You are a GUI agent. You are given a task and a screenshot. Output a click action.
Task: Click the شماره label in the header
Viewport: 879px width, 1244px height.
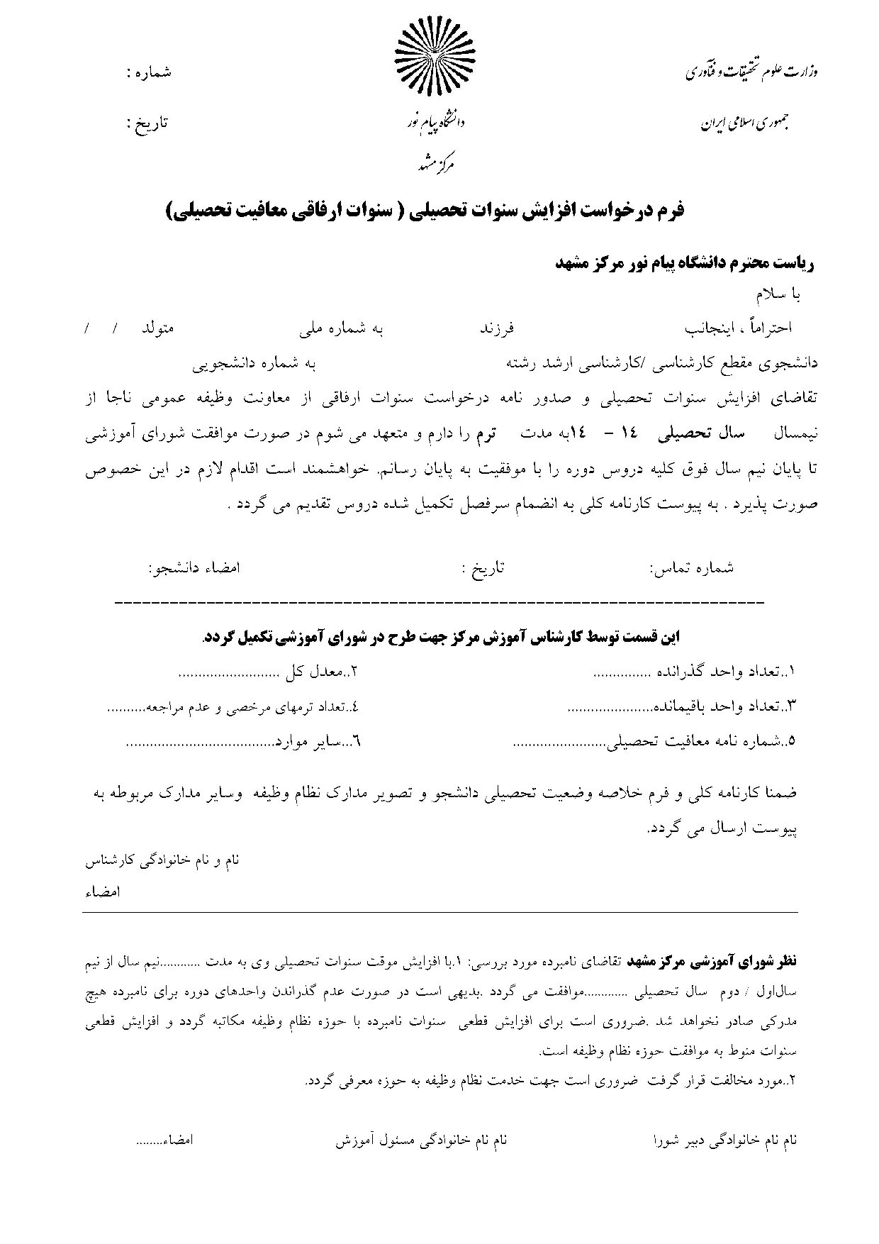pos(149,72)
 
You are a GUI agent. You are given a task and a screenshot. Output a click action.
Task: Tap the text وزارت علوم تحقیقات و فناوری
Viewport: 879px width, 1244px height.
pos(751,72)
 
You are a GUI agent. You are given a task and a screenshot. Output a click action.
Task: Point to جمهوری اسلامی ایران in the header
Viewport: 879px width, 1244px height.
pos(745,123)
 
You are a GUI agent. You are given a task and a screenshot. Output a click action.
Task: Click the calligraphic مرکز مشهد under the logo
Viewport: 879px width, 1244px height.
pos(435,165)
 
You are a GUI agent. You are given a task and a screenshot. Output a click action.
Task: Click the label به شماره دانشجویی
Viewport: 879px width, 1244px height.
pos(254,363)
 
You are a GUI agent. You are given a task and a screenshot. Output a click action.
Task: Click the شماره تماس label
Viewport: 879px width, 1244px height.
pos(692,568)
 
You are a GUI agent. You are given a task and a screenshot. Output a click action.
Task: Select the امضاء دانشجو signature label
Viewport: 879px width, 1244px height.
pos(194,568)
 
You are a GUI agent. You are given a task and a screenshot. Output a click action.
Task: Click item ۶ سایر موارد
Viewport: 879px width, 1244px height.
pos(318,743)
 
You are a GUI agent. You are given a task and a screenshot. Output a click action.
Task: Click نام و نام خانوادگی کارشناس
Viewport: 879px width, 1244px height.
pos(162,860)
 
